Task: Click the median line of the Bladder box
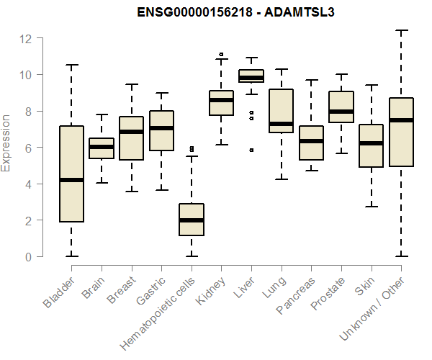(71, 180)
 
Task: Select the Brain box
(102, 148)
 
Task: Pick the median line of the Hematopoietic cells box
(192, 220)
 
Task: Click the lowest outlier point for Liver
(251, 150)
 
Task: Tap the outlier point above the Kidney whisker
(221, 54)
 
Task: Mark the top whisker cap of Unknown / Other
(402, 30)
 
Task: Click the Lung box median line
(282, 124)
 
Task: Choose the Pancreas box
(312, 143)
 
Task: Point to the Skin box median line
(372, 143)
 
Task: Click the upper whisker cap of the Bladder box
(71, 65)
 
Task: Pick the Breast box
(132, 138)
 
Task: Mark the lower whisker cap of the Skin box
(372, 207)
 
